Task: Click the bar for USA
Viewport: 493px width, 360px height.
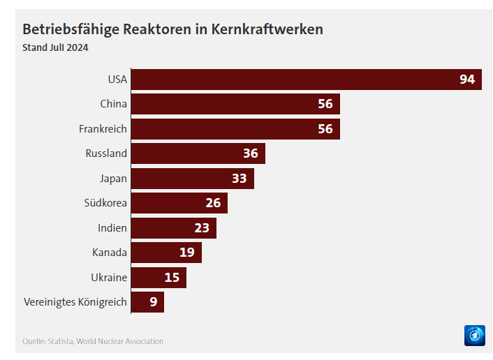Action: point(293,80)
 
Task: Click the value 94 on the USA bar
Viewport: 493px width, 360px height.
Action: point(467,80)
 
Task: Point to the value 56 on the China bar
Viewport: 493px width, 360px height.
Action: point(325,104)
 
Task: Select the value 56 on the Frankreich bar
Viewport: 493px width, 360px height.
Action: point(325,129)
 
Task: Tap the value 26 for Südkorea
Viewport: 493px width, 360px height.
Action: point(213,203)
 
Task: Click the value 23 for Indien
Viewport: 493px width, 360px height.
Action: point(202,228)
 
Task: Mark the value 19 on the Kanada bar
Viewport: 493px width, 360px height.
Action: point(186,253)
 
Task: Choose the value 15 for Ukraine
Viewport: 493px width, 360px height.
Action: point(172,278)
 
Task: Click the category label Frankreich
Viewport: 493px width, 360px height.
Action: point(103,129)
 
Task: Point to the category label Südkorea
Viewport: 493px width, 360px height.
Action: point(105,203)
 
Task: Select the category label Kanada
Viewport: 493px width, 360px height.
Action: point(110,253)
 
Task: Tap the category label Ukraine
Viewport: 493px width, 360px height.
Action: point(109,278)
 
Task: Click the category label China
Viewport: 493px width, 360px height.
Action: point(113,104)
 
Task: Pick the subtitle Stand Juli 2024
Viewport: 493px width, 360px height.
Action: point(55,48)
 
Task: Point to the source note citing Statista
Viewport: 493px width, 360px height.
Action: point(93,341)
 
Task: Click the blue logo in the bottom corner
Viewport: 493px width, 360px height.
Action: point(474,335)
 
